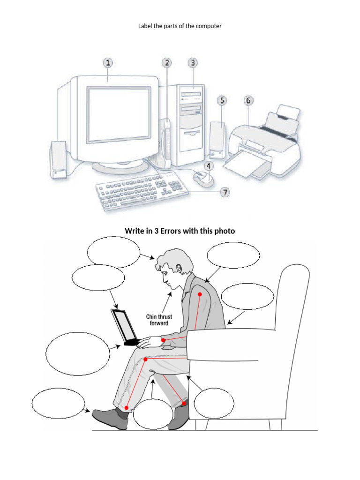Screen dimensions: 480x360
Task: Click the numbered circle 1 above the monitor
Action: [108, 63]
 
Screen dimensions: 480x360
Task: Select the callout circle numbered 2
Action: [167, 63]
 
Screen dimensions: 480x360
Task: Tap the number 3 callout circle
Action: [192, 63]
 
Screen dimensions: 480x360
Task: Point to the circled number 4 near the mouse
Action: [209, 165]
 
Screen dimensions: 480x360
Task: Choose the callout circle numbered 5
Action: [222, 100]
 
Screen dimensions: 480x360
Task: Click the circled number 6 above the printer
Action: [248, 100]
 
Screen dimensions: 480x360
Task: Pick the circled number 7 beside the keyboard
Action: [225, 192]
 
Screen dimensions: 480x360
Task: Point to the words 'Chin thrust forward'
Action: [159, 320]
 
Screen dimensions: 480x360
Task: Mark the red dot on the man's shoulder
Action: [199, 294]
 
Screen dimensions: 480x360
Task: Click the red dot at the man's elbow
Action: [163, 340]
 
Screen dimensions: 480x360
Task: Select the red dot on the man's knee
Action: [146, 360]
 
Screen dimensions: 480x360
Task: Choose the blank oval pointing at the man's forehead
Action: [113, 252]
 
